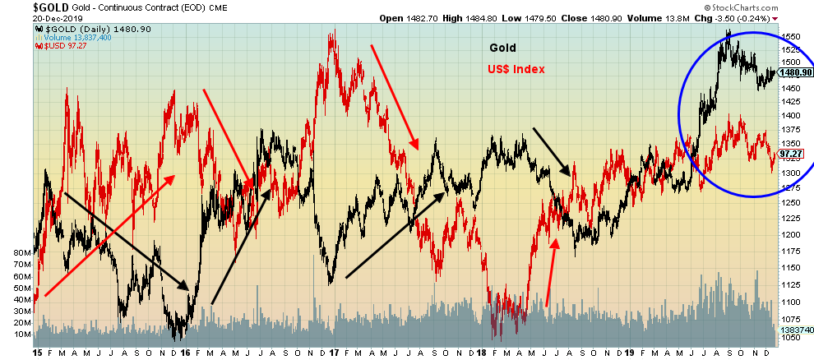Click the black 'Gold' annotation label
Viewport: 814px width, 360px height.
coord(503,48)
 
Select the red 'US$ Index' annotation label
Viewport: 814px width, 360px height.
coord(517,70)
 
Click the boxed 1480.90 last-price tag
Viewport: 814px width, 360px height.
coord(795,72)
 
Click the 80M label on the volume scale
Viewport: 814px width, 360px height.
coord(17,253)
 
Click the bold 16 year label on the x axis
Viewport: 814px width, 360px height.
coord(186,352)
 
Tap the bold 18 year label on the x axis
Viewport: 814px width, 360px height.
coord(483,352)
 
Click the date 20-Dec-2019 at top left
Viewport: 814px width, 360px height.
coord(30,19)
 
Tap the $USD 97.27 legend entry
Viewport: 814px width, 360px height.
coord(62,45)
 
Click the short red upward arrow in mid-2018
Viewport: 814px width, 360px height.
coord(552,272)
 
